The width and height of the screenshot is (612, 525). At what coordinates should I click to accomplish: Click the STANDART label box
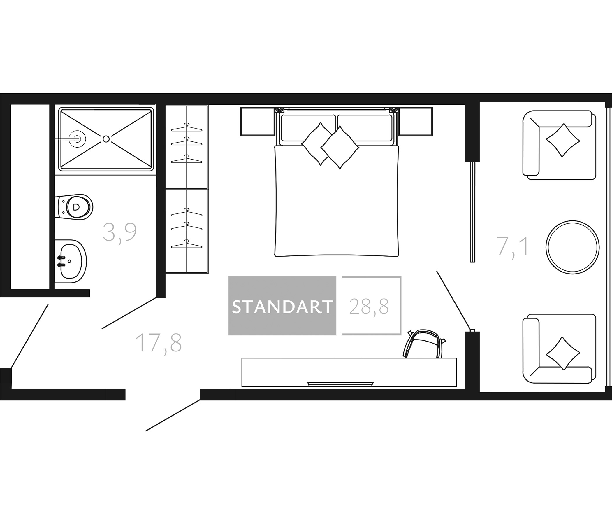pos(282,306)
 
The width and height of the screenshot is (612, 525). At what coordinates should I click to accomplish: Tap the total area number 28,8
pos(369,307)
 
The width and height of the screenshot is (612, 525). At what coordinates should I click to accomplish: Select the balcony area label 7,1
pos(512,246)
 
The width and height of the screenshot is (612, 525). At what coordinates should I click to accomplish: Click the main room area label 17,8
pos(158,343)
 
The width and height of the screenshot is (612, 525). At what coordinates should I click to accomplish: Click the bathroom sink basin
pos(71,261)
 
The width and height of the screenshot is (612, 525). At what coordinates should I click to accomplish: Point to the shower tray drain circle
pos(106,139)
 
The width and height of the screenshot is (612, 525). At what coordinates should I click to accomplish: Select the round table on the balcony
pos(572,247)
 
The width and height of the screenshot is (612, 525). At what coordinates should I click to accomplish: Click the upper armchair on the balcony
pos(559,145)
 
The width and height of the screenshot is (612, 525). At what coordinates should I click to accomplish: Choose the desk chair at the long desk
pos(424,344)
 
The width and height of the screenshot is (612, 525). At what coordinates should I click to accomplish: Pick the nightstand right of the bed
pos(415,122)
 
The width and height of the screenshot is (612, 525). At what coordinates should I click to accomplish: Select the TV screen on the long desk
pos(341,384)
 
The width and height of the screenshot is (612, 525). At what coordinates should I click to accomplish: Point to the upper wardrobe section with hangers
pos(187,147)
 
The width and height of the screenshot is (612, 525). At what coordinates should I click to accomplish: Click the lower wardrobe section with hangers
pos(187,232)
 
